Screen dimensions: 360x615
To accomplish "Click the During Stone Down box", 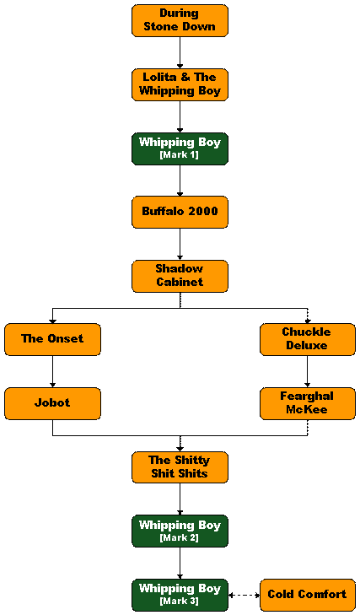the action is coord(180,21).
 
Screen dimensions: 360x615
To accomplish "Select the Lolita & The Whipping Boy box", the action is coord(180,84).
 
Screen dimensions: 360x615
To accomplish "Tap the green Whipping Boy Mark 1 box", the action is coord(180,148).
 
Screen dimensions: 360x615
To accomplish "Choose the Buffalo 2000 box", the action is coord(180,213).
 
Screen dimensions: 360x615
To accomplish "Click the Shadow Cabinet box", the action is coord(180,276).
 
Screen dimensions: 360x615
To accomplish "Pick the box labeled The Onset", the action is coord(52,340).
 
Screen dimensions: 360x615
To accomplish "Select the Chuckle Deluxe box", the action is coord(308,340).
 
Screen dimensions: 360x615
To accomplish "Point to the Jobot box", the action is coord(52,403).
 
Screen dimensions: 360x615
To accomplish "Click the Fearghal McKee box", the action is coord(308,403).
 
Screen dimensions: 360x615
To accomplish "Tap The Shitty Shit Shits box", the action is coord(180,467).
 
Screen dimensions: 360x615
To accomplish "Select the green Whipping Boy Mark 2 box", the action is coord(180,531).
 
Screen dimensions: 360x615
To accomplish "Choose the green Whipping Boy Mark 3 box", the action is coord(180,595).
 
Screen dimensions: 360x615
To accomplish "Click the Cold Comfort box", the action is coord(308,595).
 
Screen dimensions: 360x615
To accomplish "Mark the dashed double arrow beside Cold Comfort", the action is coord(244,595).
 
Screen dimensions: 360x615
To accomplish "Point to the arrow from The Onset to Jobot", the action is coord(52,371).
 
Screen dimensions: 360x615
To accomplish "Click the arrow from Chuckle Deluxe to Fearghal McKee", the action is coord(308,371).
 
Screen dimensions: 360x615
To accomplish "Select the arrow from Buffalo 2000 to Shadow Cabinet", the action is coord(180,244).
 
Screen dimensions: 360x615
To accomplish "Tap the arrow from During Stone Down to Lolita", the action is coord(180,52).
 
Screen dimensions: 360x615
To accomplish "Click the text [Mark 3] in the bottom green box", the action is coord(180,601).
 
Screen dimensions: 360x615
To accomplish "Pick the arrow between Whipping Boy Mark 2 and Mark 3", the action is coord(180,563).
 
